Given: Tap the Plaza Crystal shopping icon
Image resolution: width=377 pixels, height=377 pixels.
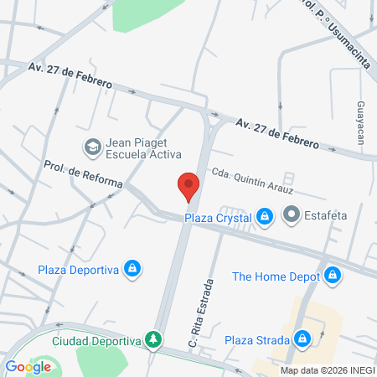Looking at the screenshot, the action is [264, 216].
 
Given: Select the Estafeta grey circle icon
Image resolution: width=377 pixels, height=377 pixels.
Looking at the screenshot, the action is [292, 216].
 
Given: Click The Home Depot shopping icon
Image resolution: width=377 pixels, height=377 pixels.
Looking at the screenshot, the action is [333, 275].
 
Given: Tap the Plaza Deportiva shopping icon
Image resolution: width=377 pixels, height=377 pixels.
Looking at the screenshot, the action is [132, 269].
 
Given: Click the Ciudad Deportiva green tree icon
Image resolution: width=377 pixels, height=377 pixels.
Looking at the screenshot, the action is [152, 339].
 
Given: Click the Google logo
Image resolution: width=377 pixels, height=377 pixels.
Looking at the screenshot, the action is [28, 366].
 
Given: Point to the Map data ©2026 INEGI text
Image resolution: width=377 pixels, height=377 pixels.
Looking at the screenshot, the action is [327, 369].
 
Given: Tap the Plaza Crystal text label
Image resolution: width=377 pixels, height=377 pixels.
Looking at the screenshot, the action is [219, 217].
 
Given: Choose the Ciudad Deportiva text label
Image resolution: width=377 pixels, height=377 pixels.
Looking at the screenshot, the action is [96, 340].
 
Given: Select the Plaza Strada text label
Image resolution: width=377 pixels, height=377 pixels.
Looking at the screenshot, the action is [257, 340].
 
